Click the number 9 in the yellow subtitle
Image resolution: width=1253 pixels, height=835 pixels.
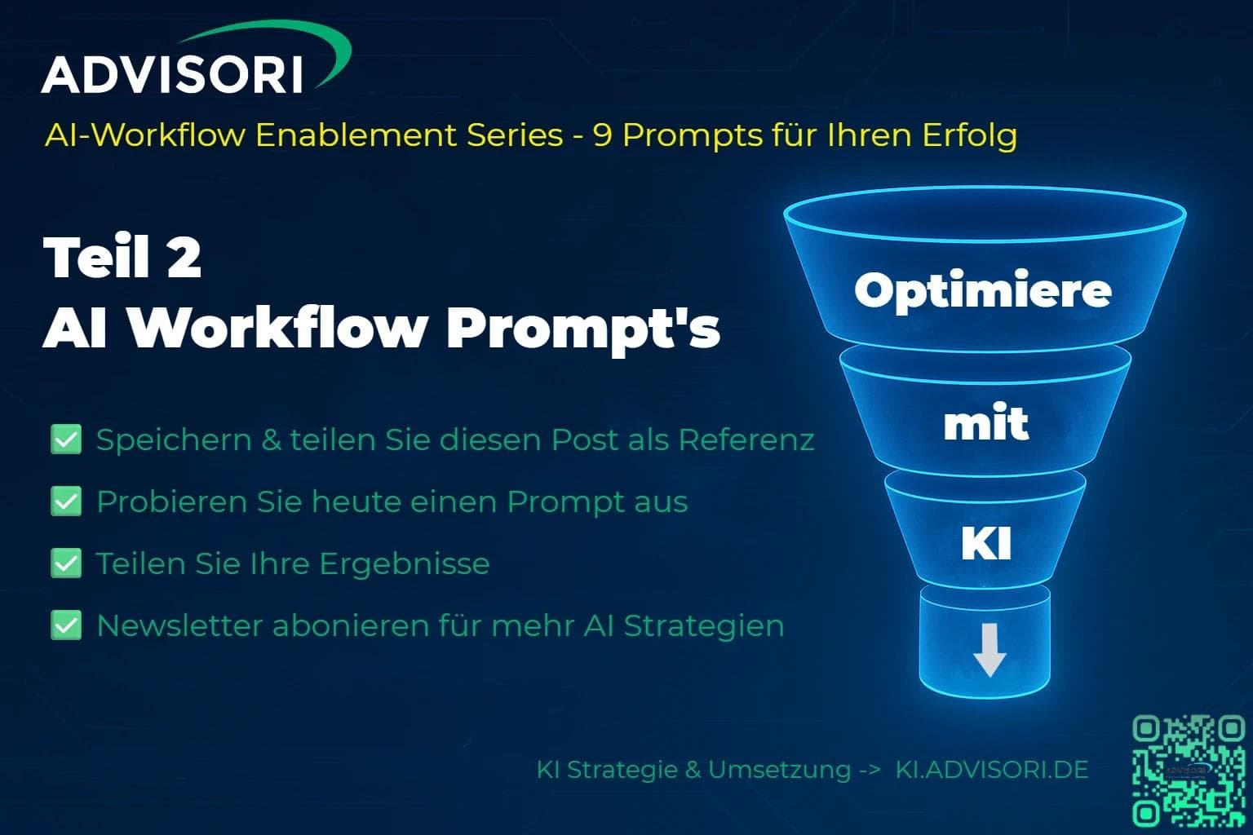pyautogui.click(x=602, y=135)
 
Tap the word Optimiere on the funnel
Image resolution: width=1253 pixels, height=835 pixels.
pyautogui.click(x=983, y=289)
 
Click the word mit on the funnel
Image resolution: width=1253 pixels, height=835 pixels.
pyautogui.click(x=985, y=423)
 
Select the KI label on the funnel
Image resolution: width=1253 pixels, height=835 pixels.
pyautogui.click(x=986, y=544)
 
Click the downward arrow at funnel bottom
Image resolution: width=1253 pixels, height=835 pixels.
pyautogui.click(x=990, y=650)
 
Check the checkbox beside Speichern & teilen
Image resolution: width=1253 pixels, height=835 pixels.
pyautogui.click(x=66, y=440)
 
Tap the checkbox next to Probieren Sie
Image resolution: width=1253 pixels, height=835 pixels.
pyautogui.click(x=66, y=501)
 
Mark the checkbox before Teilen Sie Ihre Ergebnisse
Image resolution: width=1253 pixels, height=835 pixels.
pyautogui.click(x=66, y=563)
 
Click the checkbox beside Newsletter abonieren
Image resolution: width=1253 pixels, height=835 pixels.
pyautogui.click(x=66, y=625)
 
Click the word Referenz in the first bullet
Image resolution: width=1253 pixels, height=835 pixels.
pyautogui.click(x=746, y=440)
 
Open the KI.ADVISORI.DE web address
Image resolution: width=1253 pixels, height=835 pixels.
pyautogui.click(x=992, y=769)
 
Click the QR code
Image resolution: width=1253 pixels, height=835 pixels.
pyautogui.click(x=1189, y=770)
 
